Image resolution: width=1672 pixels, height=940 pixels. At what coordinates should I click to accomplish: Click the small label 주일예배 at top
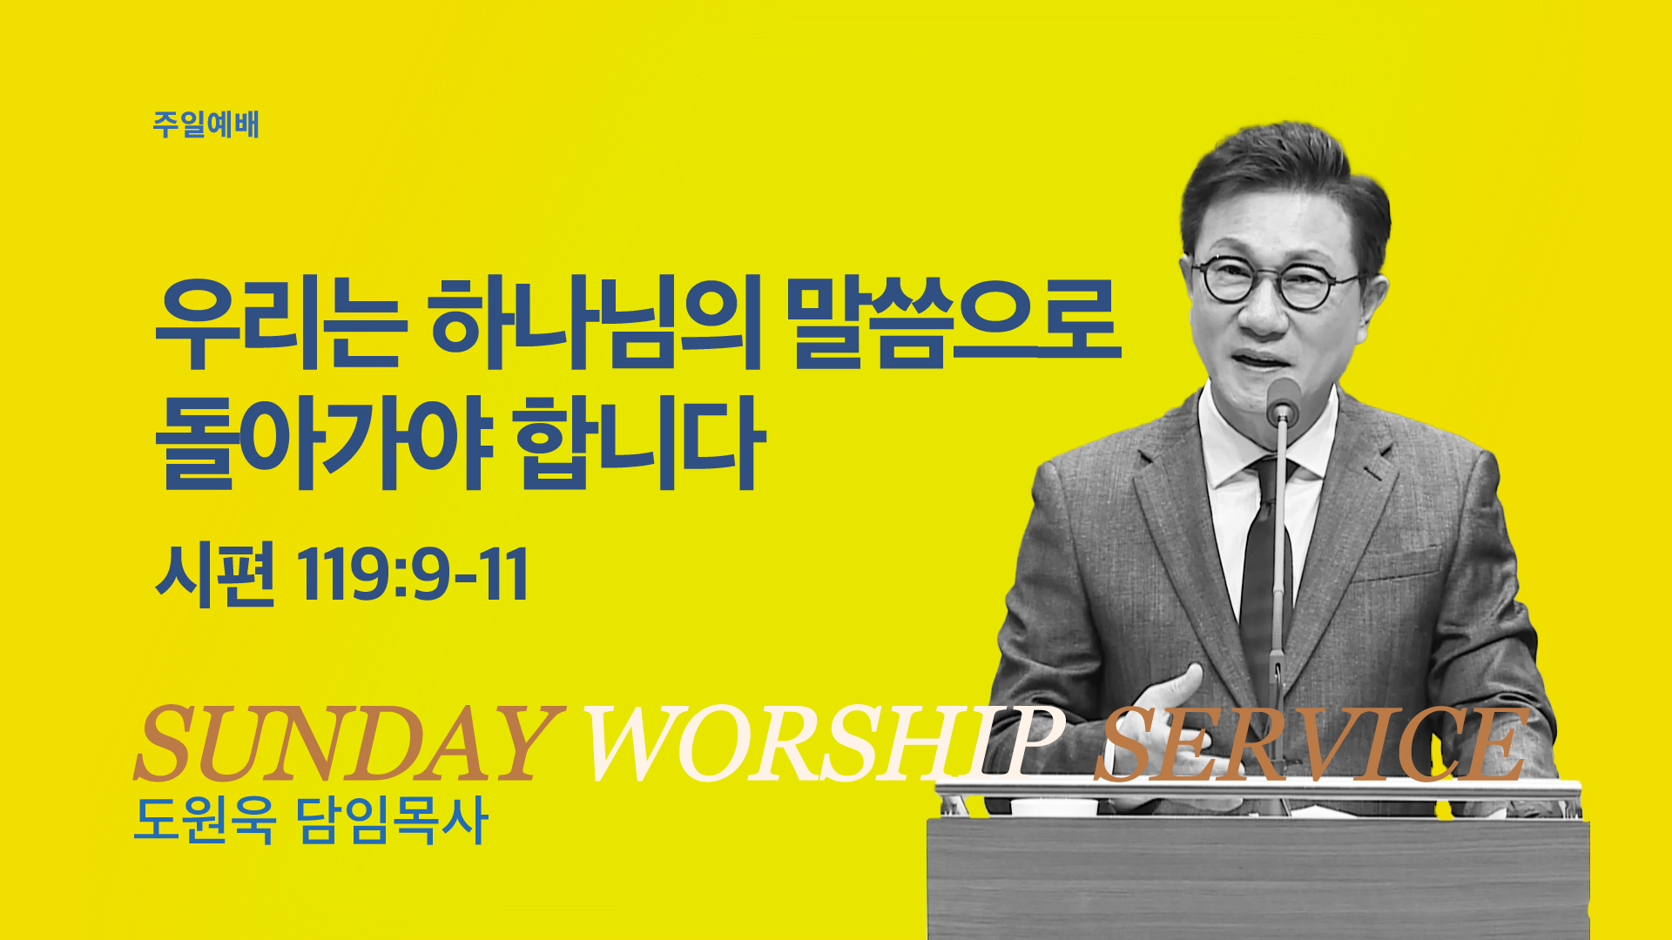coord(206,124)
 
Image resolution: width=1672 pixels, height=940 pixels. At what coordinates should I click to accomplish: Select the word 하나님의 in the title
coord(596,321)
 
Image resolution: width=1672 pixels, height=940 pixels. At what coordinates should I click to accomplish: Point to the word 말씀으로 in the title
coord(954,321)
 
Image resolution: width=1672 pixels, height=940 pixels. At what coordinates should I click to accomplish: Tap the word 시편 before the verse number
coord(215,574)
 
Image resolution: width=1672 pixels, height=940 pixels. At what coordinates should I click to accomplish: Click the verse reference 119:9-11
coord(413,574)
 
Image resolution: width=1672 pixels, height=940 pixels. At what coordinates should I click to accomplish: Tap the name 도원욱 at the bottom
coord(206,820)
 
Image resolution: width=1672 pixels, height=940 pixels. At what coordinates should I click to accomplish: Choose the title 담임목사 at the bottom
coord(392,820)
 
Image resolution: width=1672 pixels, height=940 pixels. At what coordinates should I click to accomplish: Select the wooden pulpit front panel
coord(1257,879)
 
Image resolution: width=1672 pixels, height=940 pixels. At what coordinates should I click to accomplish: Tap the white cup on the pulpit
coord(1054,806)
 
